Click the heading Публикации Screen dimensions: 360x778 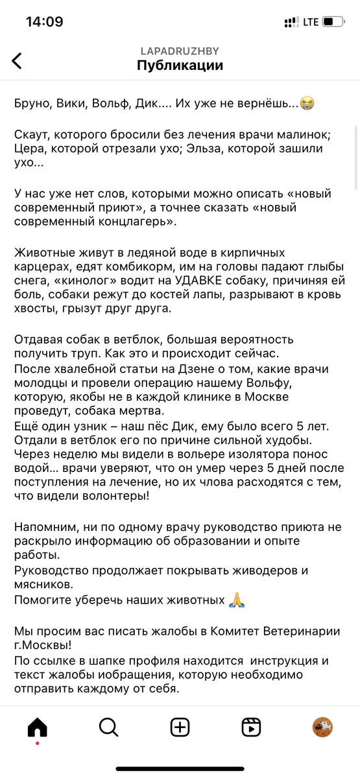coord(180,65)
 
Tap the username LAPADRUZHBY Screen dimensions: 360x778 coord(180,51)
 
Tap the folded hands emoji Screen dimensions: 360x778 coord(236,600)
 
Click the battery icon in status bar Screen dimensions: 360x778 coord(333,22)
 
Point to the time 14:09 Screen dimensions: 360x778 coord(44,22)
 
